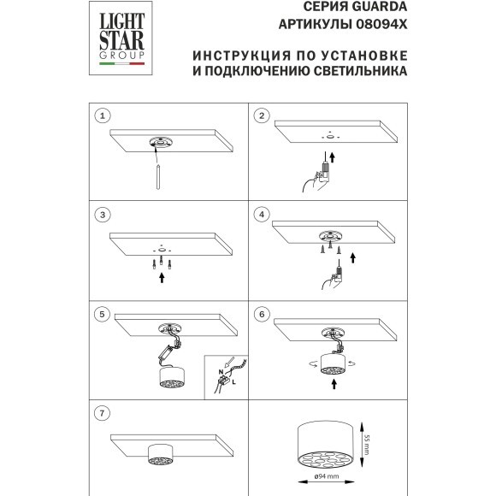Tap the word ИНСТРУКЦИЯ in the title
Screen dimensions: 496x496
click(235, 56)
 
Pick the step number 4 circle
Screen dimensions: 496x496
click(263, 213)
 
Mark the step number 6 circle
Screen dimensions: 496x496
click(263, 314)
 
